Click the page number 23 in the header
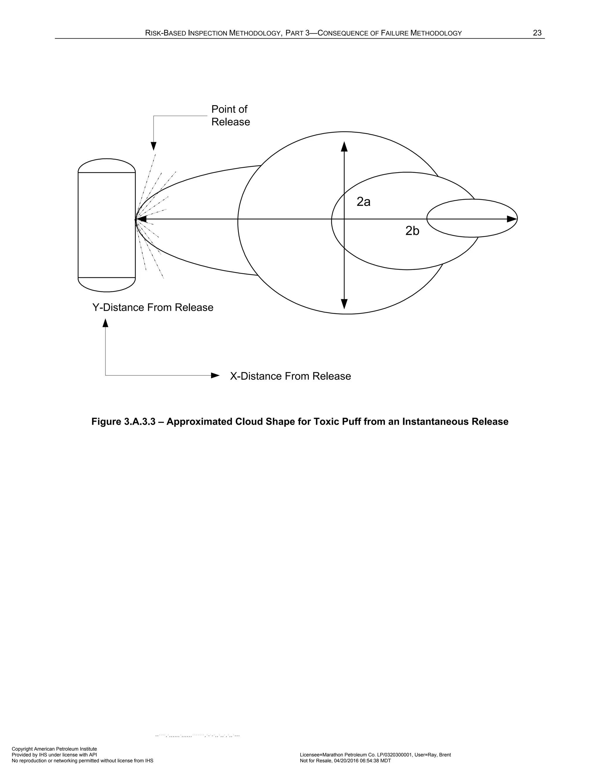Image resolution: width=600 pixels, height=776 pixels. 537,33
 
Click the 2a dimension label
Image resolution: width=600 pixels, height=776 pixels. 363,202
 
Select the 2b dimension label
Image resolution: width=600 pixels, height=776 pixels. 412,231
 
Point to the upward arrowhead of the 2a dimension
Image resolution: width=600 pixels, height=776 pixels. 344,146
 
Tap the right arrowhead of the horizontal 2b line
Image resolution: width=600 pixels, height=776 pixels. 512,219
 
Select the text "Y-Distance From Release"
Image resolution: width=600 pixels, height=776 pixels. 153,307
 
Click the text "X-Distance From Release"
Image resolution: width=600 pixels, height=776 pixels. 290,376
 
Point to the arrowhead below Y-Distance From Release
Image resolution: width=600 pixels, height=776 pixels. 105,323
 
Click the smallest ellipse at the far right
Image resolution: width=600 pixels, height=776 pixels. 472,210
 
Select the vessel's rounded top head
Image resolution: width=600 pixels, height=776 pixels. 107,165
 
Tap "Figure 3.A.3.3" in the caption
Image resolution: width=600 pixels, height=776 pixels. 123,422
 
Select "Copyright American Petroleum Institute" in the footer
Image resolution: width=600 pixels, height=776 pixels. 54,749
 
